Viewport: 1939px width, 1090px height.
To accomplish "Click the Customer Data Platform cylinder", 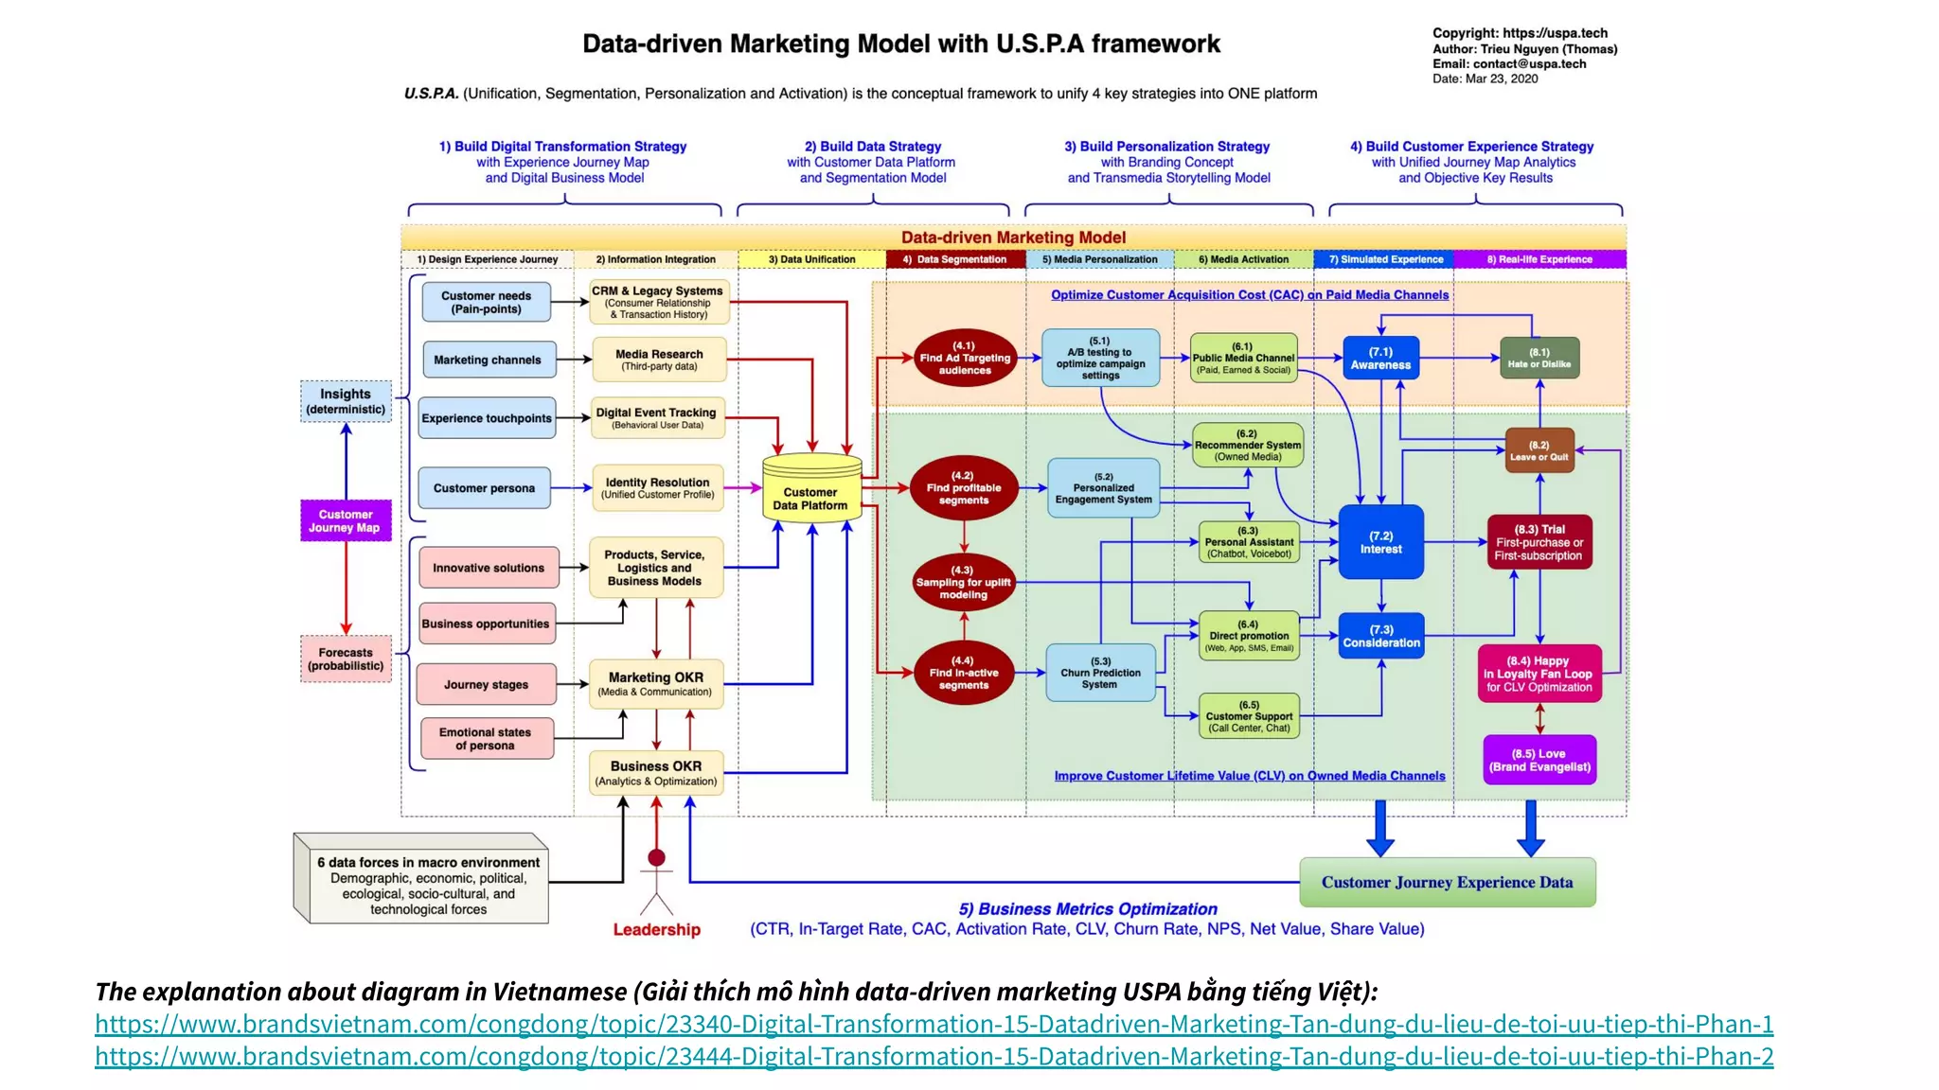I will tap(811, 489).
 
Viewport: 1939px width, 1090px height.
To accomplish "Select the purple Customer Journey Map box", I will tap(345, 521).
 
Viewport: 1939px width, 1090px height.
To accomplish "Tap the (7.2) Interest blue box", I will tap(1380, 542).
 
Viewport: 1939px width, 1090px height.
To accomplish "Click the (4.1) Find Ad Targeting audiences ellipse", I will tap(964, 359).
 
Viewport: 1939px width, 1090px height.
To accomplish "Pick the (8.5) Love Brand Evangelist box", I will tap(1539, 761).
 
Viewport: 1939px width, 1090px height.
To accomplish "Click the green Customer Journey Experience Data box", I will tap(1447, 883).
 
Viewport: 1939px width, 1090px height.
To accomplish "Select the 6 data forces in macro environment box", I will tap(428, 886).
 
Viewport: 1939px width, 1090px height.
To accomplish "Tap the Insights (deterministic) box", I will tap(346, 401).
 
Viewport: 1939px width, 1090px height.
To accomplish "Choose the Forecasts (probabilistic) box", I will tap(346, 659).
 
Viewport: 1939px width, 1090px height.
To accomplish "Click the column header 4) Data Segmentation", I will tap(954, 259).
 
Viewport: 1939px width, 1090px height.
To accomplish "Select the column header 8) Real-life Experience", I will tap(1539, 259).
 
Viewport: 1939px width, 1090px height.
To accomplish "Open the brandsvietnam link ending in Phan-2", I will tap(934, 1057).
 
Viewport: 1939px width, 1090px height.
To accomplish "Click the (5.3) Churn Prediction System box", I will tap(1100, 673).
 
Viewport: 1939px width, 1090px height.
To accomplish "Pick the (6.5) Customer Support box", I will tap(1248, 716).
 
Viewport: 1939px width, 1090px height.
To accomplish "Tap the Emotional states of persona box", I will tap(486, 739).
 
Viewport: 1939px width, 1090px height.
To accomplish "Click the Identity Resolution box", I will tap(658, 488).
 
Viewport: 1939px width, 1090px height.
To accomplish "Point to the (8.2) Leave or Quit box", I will tap(1539, 450).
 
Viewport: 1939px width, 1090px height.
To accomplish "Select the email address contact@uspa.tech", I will tap(1529, 64).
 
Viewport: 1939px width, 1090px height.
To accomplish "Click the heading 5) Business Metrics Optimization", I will tap(1088, 909).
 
